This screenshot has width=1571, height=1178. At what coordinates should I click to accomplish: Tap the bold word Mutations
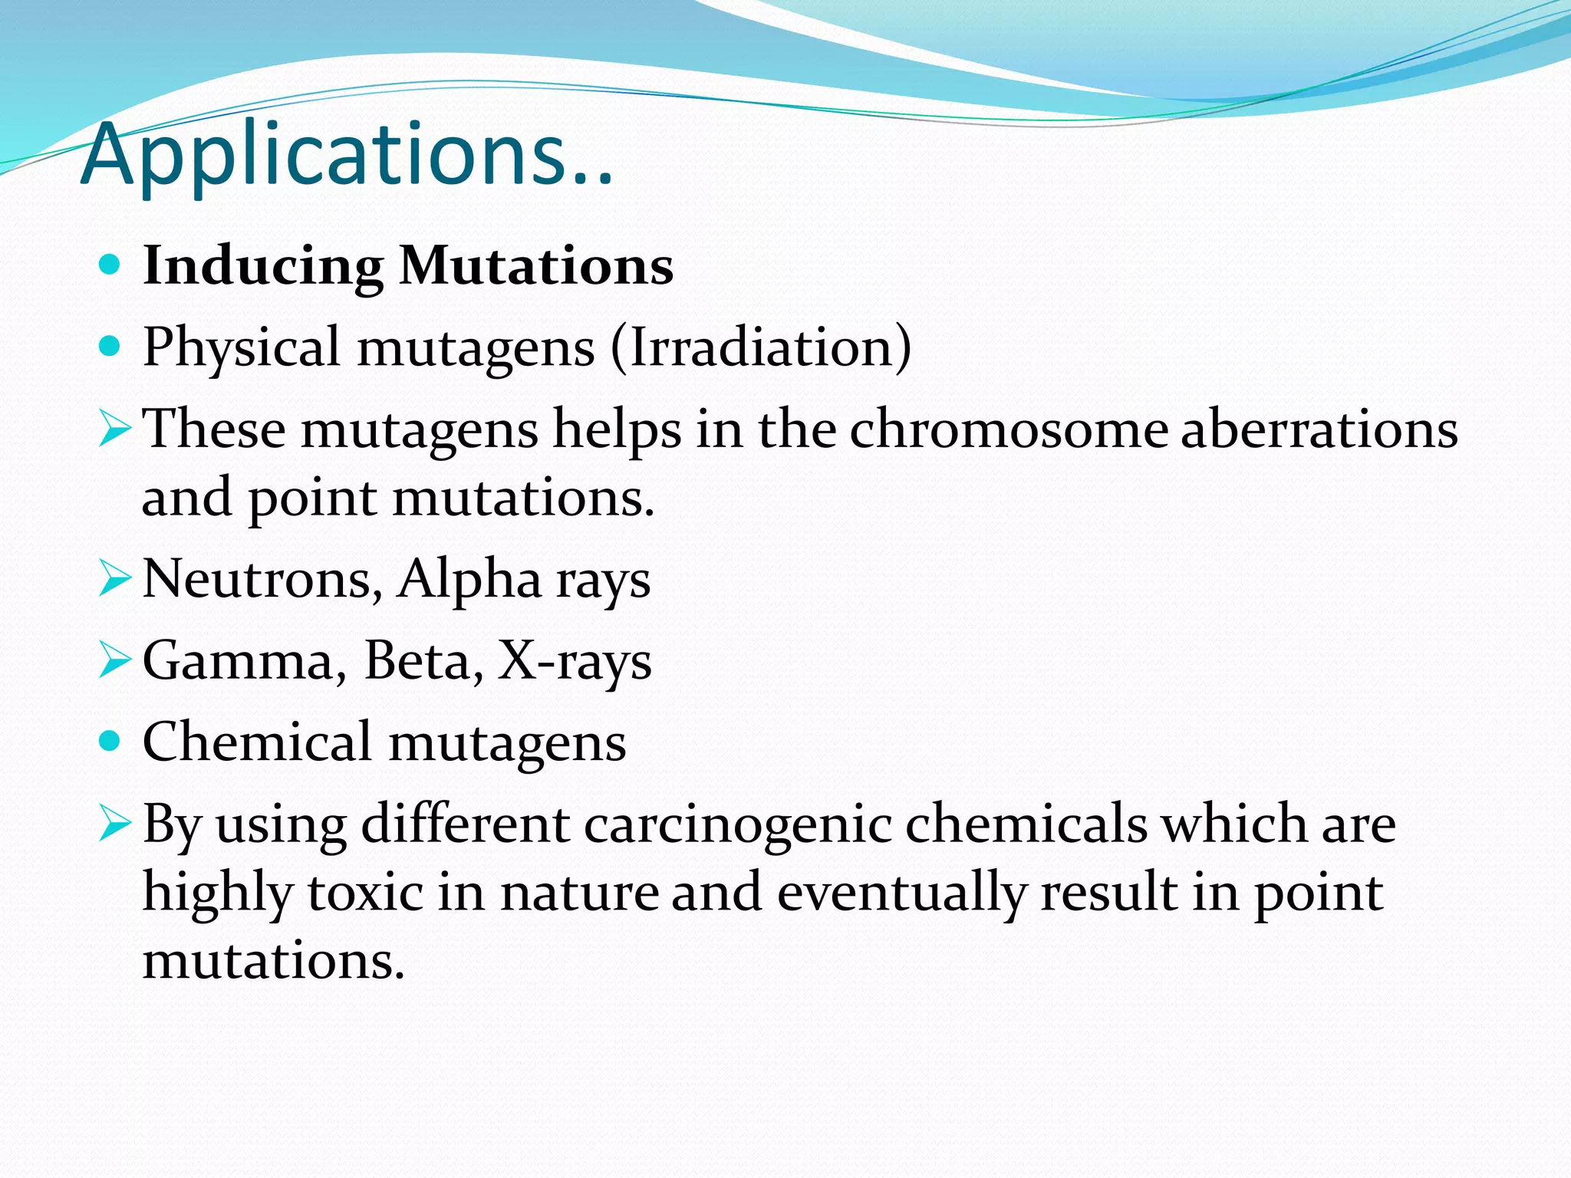tap(536, 265)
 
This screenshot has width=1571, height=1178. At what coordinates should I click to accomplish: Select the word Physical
tap(241, 348)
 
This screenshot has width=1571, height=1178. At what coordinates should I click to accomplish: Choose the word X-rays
tap(575, 661)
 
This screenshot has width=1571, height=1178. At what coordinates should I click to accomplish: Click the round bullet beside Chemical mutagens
tap(110, 742)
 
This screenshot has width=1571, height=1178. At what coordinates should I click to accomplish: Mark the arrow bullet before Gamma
tap(114, 662)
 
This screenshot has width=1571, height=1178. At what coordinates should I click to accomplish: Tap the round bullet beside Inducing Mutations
tap(110, 265)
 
